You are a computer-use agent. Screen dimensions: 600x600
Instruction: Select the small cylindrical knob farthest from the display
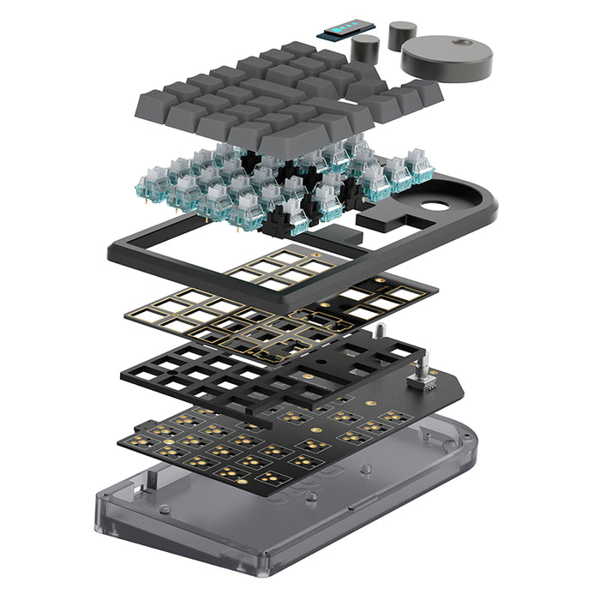pyautogui.click(x=401, y=34)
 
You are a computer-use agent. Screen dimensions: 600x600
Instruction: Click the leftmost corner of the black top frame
pyautogui.click(x=112, y=252)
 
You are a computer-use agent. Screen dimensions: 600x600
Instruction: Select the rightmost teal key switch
pyautogui.click(x=419, y=167)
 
